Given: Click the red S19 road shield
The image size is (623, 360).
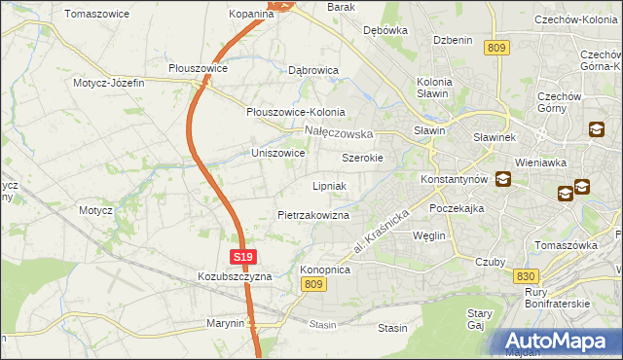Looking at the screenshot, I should (244, 257).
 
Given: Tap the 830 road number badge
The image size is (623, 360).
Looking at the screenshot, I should (526, 276).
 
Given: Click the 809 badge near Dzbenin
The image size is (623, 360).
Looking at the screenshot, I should (499, 48).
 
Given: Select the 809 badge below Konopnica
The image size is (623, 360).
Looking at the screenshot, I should (312, 283).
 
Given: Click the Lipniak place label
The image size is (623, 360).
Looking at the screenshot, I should (330, 185).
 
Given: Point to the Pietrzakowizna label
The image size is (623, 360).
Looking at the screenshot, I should (313, 214).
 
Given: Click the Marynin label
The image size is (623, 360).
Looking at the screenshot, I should (224, 323).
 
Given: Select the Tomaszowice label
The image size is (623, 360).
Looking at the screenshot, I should (98, 15).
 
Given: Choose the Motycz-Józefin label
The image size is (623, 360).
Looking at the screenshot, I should (108, 83).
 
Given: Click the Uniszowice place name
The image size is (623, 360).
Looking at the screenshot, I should (278, 153).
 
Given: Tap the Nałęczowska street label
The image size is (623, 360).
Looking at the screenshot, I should (339, 131).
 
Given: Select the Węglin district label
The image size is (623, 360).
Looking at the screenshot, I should (428, 235).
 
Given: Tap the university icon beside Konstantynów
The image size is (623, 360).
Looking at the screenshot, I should (503, 178).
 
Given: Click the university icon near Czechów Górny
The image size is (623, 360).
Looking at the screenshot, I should (596, 128).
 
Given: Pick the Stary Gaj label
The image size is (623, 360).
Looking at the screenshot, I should (478, 320).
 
